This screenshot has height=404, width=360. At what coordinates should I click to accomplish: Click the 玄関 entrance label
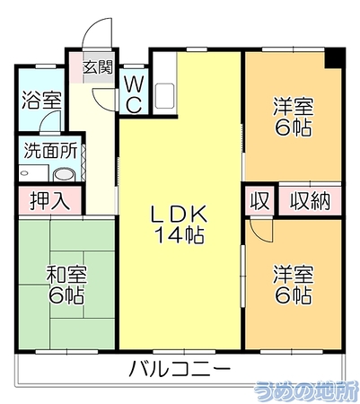(x=98, y=67)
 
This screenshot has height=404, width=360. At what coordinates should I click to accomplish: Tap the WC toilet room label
(x=134, y=93)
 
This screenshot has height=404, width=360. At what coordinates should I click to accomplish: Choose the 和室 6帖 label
(x=66, y=285)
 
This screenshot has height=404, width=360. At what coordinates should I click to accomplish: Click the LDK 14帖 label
(x=179, y=224)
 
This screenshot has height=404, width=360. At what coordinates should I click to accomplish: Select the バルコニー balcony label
(x=180, y=368)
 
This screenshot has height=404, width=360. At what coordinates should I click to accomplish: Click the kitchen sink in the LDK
(x=164, y=96)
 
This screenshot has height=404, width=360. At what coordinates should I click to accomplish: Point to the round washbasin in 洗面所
(x=64, y=175)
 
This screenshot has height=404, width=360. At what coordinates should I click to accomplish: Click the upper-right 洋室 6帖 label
(x=294, y=117)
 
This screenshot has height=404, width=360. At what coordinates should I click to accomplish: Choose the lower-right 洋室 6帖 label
(x=294, y=285)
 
